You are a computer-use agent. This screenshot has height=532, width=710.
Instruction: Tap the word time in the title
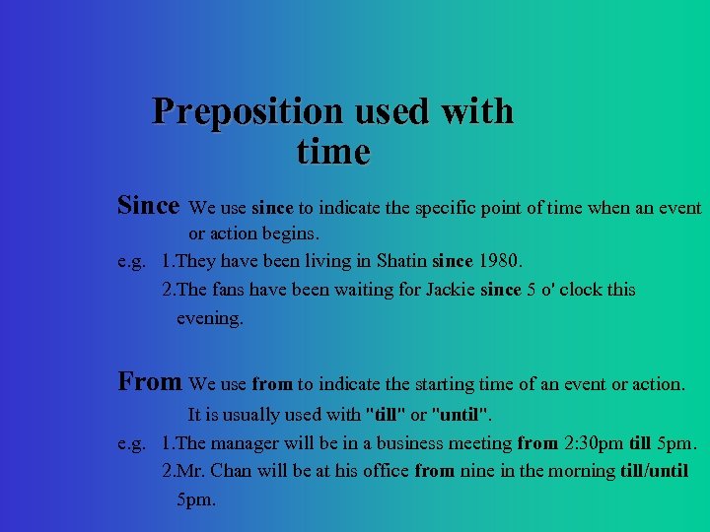[x=332, y=153]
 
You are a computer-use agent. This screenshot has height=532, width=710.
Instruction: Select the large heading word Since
[x=148, y=206]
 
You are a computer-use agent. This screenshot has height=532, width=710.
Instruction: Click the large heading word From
[x=149, y=381]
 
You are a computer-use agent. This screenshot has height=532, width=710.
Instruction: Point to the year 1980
[x=499, y=262]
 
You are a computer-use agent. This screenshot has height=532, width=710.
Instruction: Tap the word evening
[x=208, y=318]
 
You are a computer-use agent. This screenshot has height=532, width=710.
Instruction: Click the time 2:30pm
[x=598, y=443]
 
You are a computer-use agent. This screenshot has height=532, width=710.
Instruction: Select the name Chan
[x=233, y=471]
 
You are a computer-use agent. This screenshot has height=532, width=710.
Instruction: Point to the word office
[x=380, y=471]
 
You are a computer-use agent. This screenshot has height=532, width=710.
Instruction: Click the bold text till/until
[x=655, y=471]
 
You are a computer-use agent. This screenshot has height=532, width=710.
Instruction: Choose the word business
[x=404, y=443]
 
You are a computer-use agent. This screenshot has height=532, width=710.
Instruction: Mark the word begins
[x=292, y=234]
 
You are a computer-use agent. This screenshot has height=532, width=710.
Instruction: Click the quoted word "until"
[x=461, y=415]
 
